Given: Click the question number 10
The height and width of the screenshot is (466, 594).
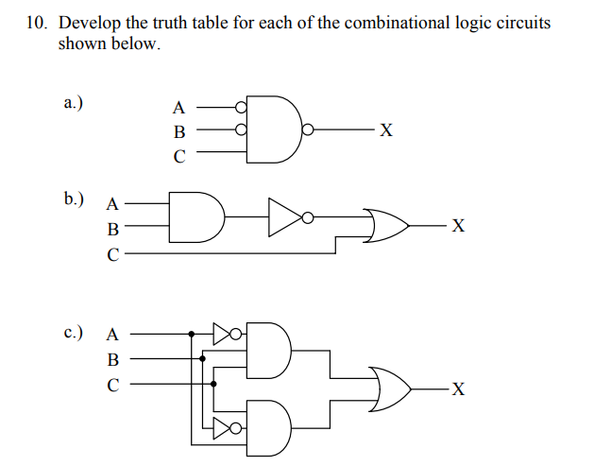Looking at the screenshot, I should click(35, 23).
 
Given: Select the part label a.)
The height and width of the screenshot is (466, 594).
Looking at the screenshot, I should click(74, 103).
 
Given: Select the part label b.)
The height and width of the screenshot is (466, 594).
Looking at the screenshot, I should click(74, 199).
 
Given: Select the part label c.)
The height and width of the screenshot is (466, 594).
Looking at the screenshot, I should click(74, 333).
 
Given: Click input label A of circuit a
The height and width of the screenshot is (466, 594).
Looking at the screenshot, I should click(178, 108).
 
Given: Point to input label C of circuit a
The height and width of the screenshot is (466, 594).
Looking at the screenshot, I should click(178, 157).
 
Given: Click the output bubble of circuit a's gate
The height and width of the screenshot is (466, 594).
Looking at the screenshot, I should click(306, 131).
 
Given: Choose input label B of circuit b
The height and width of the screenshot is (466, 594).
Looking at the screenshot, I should click(113, 228).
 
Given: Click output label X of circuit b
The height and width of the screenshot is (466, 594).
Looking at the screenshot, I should click(458, 226).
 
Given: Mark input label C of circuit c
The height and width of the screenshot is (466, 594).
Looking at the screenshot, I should click(113, 385).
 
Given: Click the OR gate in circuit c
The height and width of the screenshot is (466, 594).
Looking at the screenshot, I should click(390, 388).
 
